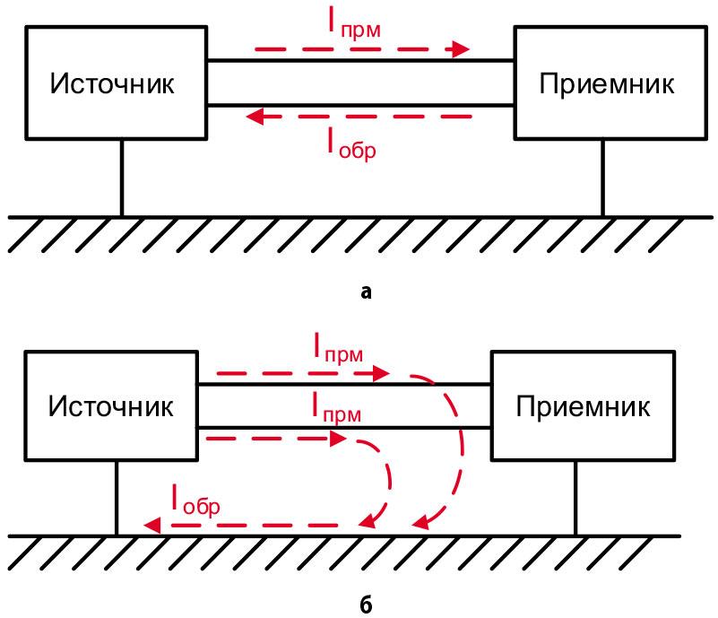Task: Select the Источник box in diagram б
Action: pos(112,407)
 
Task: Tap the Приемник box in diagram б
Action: pos(584,407)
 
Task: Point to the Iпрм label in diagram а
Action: pos(353,25)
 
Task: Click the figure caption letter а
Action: pos(363,291)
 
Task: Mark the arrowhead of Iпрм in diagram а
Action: pos(462,48)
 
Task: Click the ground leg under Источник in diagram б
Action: pos(117,499)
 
